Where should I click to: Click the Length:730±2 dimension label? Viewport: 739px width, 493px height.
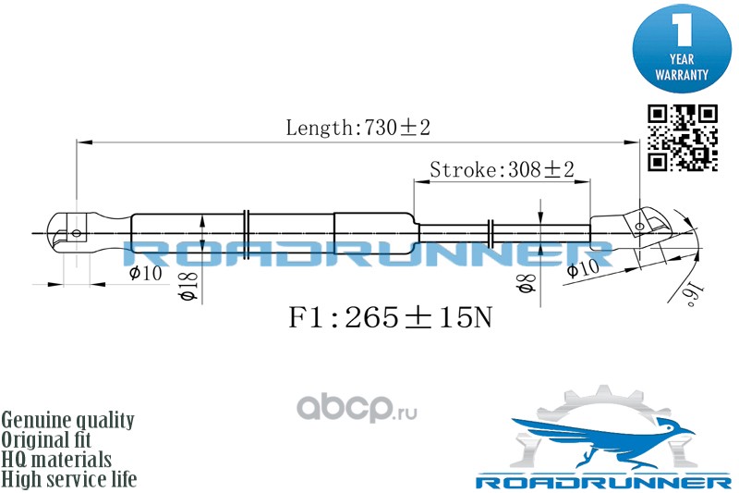point(357,129)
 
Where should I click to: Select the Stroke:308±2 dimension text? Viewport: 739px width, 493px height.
point(503,169)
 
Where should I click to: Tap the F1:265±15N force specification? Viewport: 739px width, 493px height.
point(391,319)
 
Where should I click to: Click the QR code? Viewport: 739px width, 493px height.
point(682,138)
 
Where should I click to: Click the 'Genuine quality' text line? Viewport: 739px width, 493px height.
point(67,420)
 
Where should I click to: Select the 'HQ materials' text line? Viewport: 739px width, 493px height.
point(57,460)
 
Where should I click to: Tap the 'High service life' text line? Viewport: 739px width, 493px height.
point(69,479)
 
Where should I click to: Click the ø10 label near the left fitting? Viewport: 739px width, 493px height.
point(146,273)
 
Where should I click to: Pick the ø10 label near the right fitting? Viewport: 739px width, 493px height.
point(582,269)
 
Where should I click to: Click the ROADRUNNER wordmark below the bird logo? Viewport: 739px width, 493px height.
point(603,482)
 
